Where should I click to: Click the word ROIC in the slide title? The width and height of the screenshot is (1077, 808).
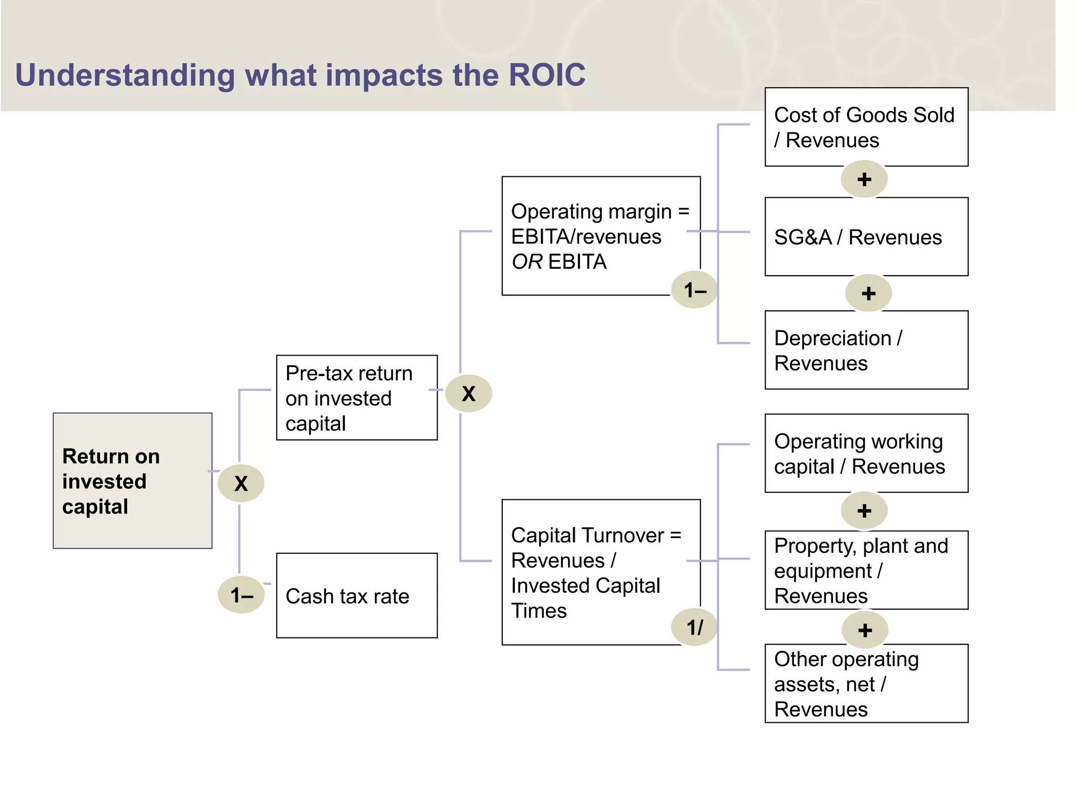pos(546,75)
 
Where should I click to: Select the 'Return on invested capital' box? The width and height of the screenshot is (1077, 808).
pos(133,480)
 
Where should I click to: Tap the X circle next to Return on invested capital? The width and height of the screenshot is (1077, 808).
pos(241,483)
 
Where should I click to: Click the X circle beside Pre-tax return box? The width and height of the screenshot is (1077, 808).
pos(468,393)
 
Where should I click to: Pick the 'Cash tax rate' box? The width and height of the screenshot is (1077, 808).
pos(357,595)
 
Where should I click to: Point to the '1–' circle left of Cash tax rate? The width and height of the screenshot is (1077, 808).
pos(241,595)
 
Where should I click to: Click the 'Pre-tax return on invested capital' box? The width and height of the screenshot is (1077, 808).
pos(357,398)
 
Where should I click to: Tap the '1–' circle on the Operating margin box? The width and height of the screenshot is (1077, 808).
pos(694,290)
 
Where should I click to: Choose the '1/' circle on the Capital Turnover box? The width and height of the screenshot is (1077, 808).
pos(694,627)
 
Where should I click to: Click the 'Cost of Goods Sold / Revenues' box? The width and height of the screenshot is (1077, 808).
pos(866,127)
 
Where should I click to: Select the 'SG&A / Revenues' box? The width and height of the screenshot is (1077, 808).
pos(866,237)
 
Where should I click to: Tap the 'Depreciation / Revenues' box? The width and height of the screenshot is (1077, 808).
pos(866,350)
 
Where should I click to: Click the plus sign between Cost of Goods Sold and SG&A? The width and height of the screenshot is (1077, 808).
pos(864,179)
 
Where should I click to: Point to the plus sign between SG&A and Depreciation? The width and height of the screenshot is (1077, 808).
pos(868,293)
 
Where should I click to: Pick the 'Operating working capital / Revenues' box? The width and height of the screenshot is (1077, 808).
pos(866,453)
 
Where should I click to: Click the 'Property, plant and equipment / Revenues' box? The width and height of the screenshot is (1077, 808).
pos(866,570)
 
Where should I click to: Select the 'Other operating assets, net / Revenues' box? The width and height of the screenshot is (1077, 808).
pos(866,683)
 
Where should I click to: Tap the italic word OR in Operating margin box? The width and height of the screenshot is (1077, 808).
pos(527,262)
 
